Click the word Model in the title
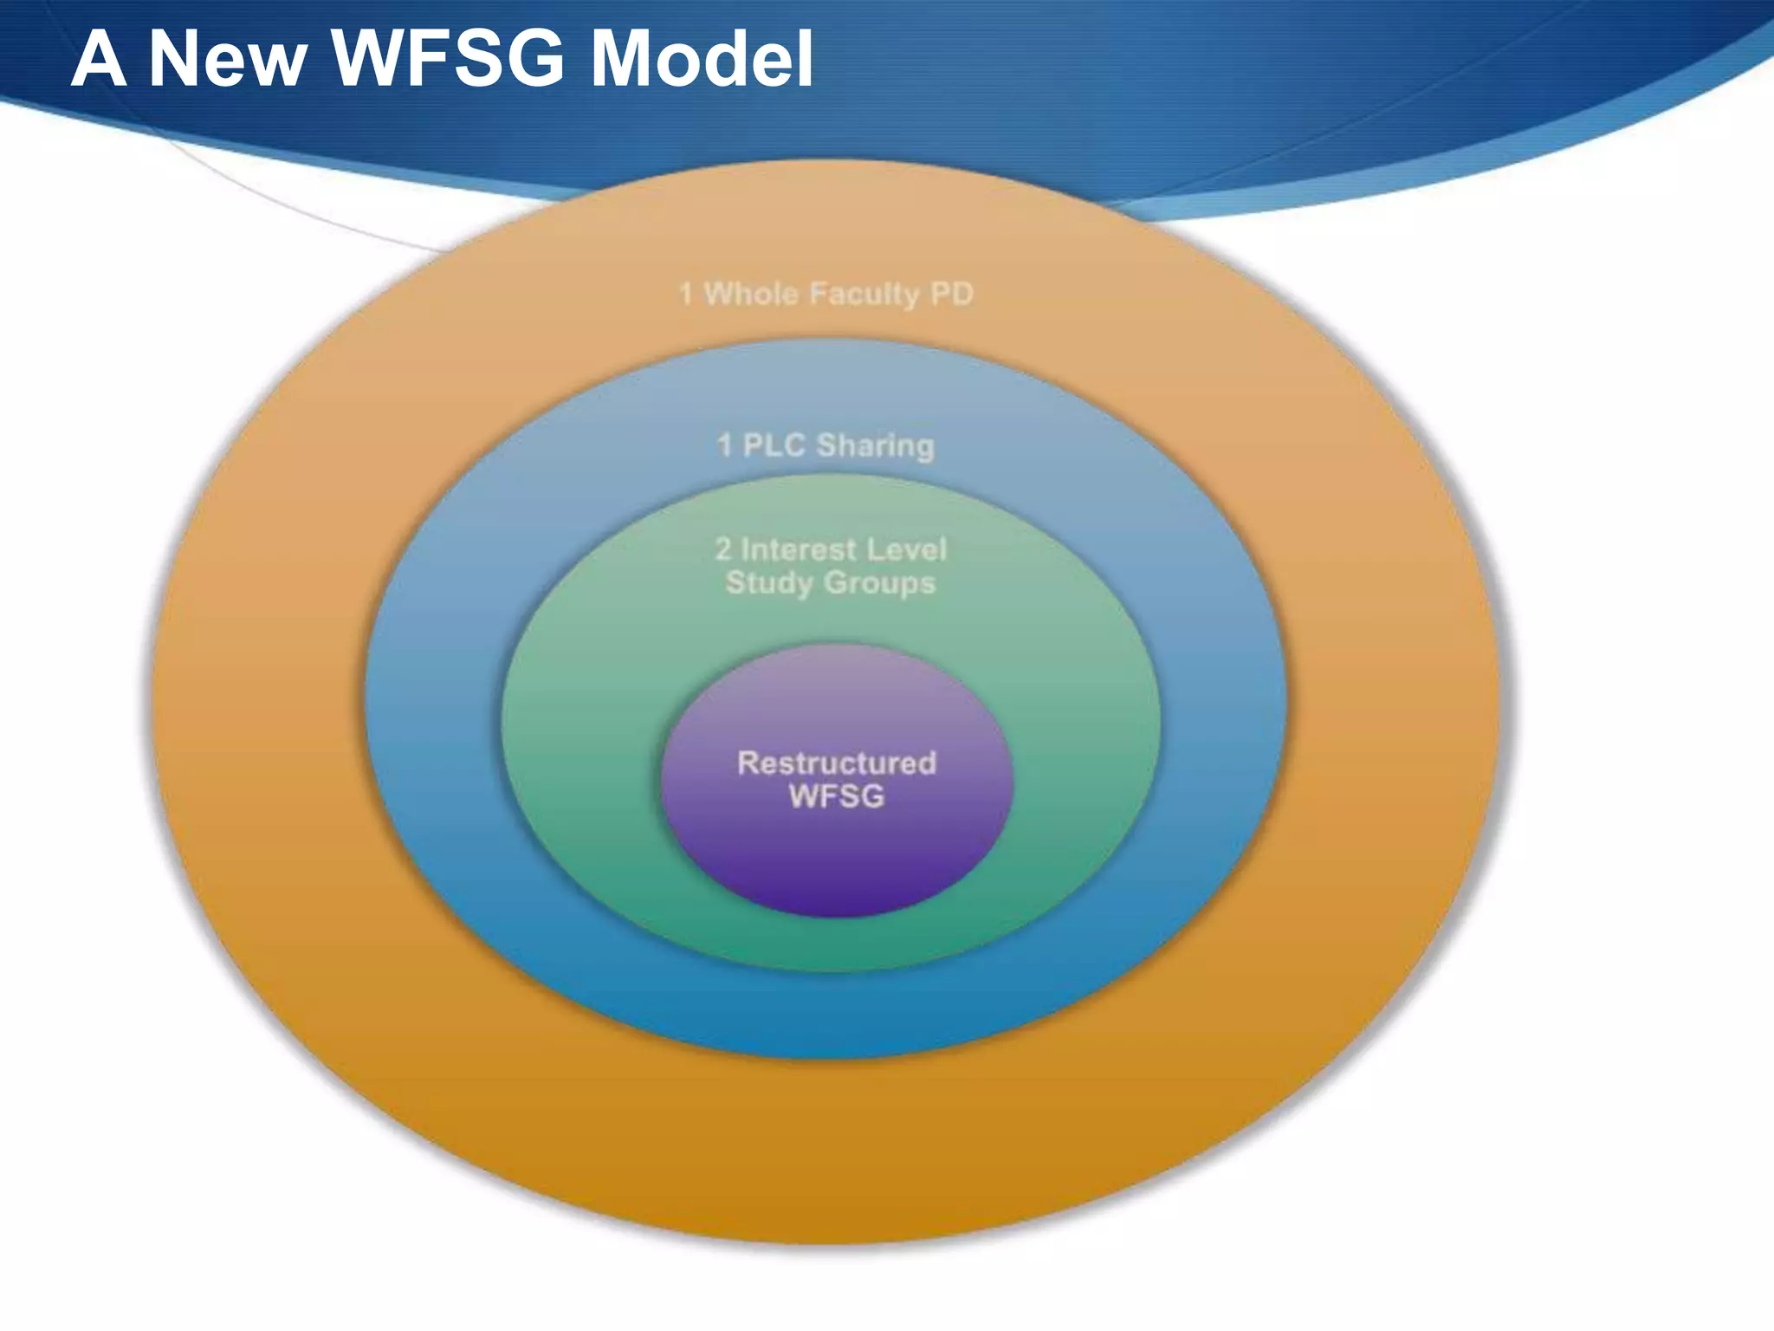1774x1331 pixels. (702, 59)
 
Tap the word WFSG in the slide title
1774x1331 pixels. (448, 59)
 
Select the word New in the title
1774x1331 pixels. (228, 59)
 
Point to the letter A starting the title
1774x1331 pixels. (99, 59)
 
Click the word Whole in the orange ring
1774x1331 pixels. (751, 294)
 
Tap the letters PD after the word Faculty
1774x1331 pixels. (952, 294)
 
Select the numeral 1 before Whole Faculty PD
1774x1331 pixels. (686, 294)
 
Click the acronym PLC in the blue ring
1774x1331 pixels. (774, 445)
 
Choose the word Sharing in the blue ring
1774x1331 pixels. (876, 446)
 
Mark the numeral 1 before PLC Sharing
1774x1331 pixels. (725, 445)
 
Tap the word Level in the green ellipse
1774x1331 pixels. (906, 549)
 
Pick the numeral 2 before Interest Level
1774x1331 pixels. (723, 549)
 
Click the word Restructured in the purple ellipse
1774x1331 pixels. (837, 763)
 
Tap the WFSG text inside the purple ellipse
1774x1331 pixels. (837, 796)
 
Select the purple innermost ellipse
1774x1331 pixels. (837, 858)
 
